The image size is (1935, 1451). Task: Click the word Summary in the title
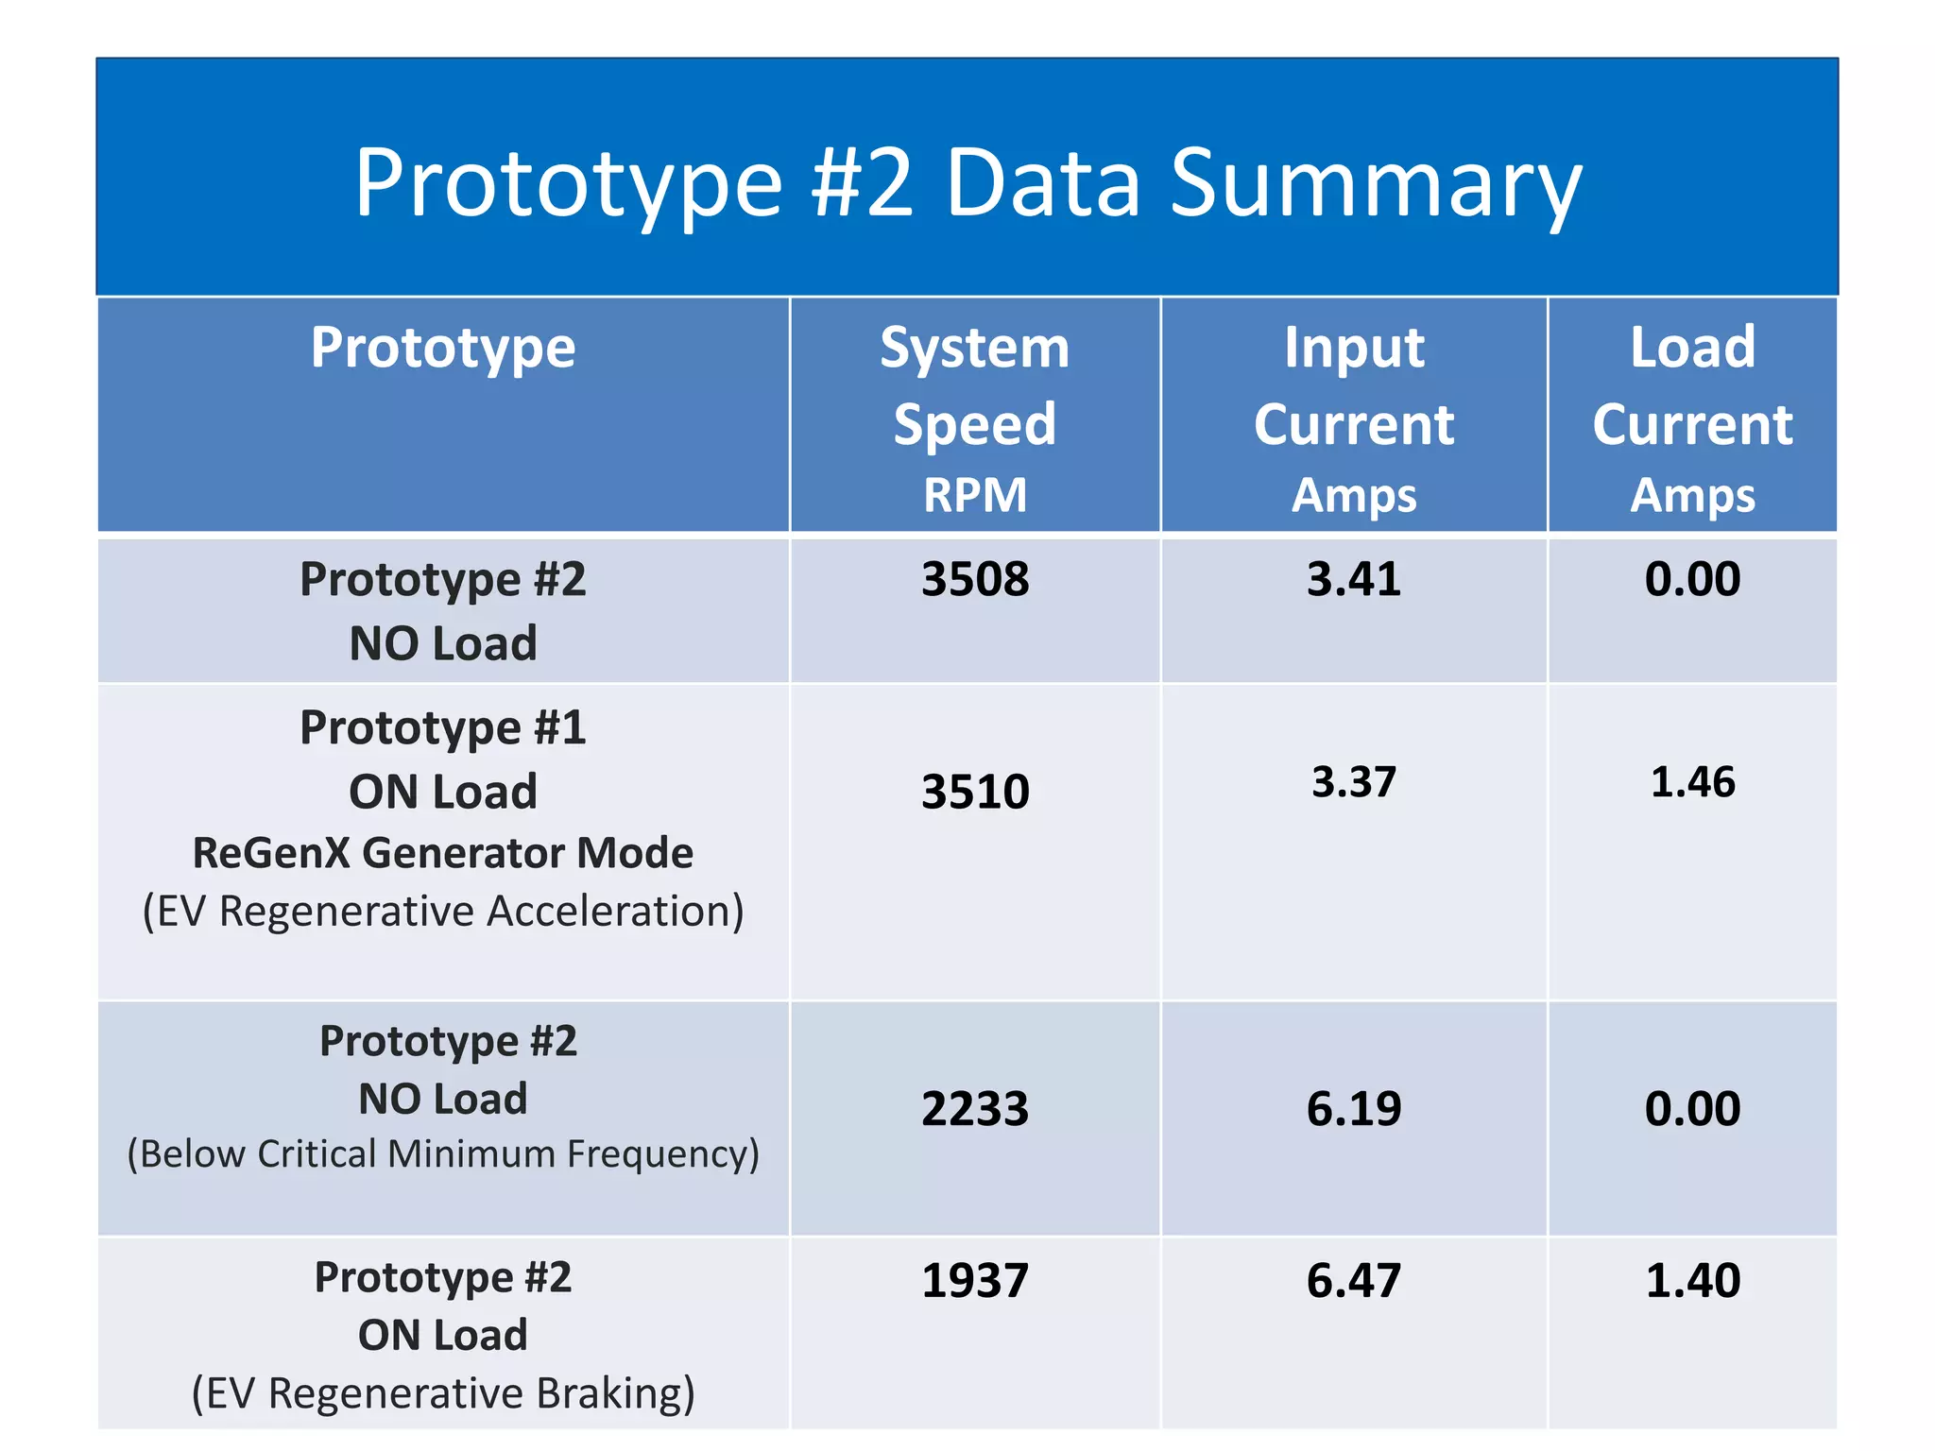pyautogui.click(x=1375, y=184)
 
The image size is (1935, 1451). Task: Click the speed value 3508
pyautogui.click(x=974, y=579)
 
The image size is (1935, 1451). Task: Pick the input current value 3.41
pyautogui.click(x=1353, y=579)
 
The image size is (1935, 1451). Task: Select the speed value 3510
pyautogui.click(x=974, y=792)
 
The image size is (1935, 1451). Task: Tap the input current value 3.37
pyautogui.click(x=1353, y=782)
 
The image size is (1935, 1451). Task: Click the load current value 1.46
pyautogui.click(x=1692, y=782)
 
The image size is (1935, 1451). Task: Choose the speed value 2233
pyautogui.click(x=974, y=1108)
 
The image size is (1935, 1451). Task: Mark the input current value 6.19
pyautogui.click(x=1353, y=1108)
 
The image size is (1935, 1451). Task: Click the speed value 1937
pyautogui.click(x=974, y=1281)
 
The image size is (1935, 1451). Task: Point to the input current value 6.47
pyautogui.click(x=1353, y=1281)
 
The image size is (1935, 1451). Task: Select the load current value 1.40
pyautogui.click(x=1692, y=1281)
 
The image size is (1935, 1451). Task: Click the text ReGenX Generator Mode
pyautogui.click(x=442, y=853)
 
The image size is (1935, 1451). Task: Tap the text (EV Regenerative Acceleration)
pyautogui.click(x=442, y=912)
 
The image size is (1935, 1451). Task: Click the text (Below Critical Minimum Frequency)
pyautogui.click(x=442, y=1154)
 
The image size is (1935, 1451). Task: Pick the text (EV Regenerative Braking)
pyautogui.click(x=442, y=1393)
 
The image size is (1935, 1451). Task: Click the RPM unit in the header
pyautogui.click(x=974, y=495)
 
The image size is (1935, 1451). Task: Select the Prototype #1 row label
pyautogui.click(x=442, y=728)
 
